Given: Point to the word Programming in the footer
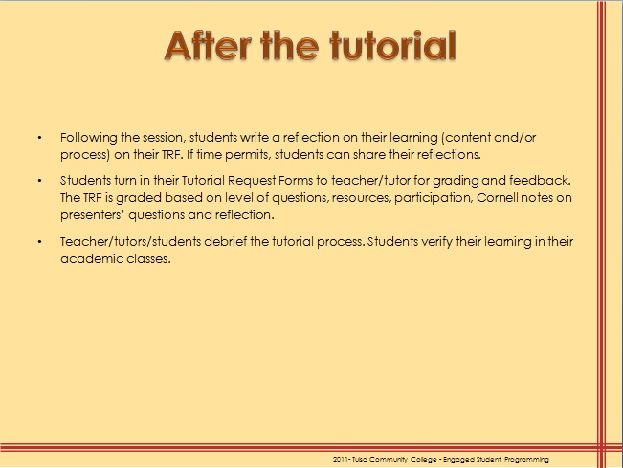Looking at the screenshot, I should coord(523,460).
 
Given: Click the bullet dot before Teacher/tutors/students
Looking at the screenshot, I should coord(39,242).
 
